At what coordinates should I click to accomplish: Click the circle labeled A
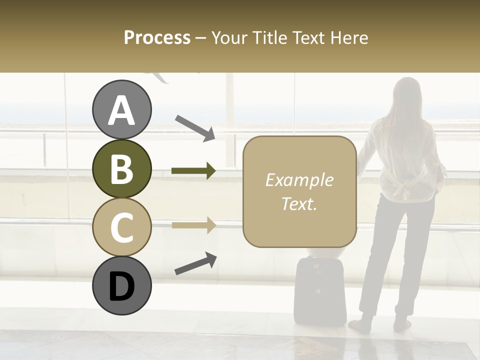(x=121, y=110)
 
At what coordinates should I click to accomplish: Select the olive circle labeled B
(x=121, y=168)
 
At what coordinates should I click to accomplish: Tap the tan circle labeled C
(x=121, y=227)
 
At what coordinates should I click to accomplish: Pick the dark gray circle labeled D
(x=121, y=286)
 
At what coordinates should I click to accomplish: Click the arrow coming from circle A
(x=194, y=128)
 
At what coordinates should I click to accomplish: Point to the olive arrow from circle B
(x=193, y=171)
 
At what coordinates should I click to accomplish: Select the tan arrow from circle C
(x=193, y=225)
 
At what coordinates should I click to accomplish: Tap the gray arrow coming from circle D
(x=195, y=263)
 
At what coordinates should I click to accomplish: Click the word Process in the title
(x=157, y=37)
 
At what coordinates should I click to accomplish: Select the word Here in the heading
(x=349, y=37)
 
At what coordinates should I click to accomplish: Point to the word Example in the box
(x=299, y=180)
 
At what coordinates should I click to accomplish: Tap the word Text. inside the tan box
(x=299, y=203)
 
